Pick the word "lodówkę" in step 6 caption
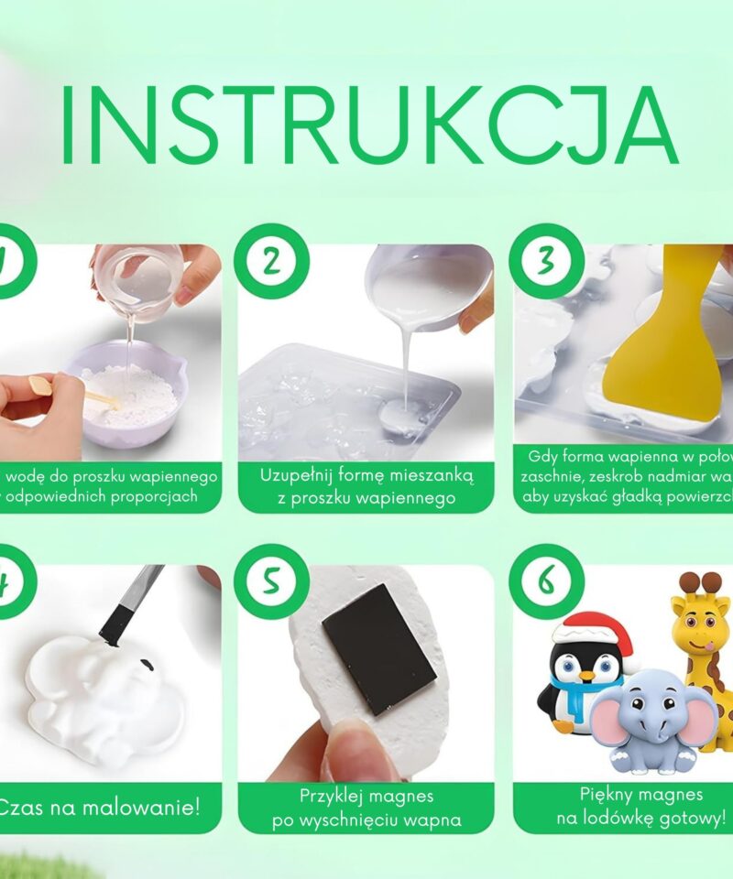pyautogui.click(x=626, y=818)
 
